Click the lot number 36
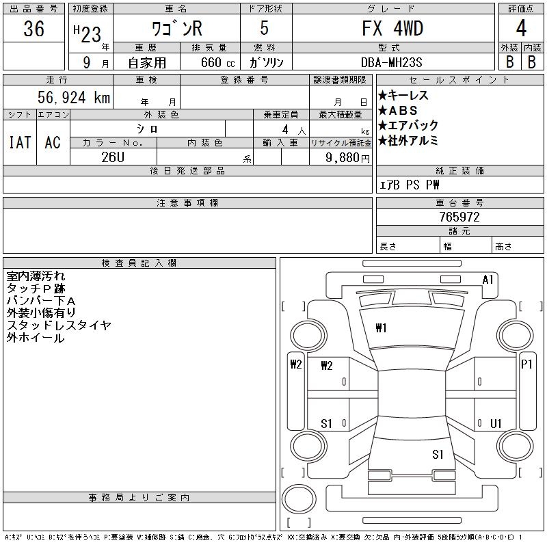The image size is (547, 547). click(34, 29)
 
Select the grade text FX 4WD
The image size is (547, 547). click(392, 29)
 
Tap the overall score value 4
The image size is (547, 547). click(521, 29)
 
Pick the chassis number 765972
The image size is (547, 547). click(459, 217)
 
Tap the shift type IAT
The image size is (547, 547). click(20, 143)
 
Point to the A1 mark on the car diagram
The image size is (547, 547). click(488, 279)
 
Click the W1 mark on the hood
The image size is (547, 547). click(381, 328)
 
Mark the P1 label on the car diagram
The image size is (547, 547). click(526, 364)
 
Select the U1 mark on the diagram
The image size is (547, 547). click(496, 424)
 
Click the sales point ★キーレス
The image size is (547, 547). click(403, 96)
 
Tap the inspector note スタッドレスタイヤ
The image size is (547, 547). click(59, 325)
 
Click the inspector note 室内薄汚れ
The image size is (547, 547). click(36, 276)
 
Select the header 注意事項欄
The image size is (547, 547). click(187, 203)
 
